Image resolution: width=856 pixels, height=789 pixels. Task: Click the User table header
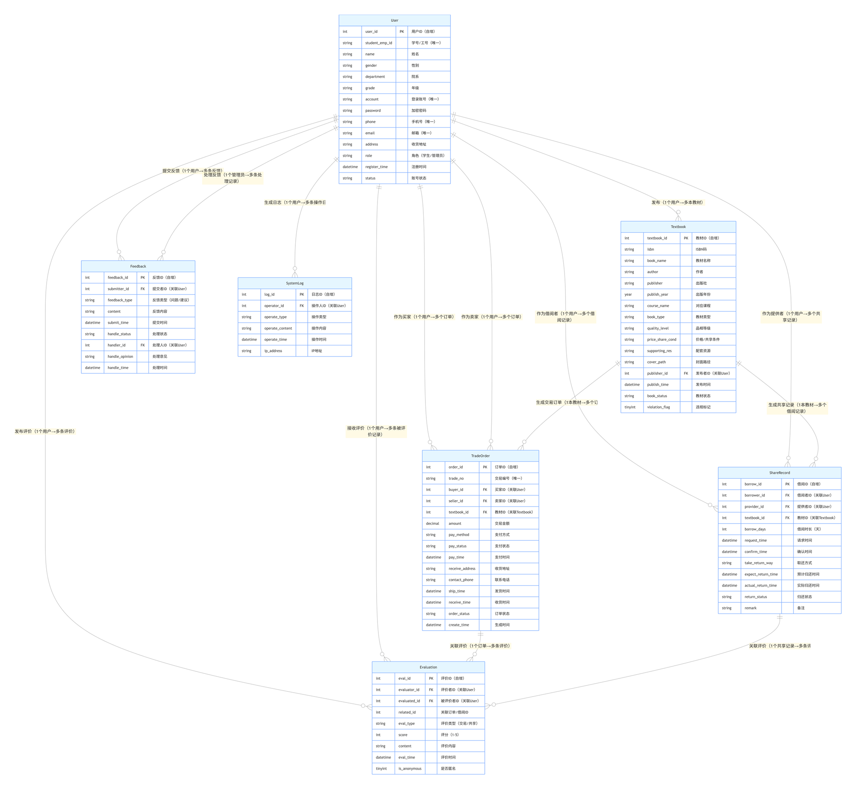394,21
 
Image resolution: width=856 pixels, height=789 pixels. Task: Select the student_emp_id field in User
378,43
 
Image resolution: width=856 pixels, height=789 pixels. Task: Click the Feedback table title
138,266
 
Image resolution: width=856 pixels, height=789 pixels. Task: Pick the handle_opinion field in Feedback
120,356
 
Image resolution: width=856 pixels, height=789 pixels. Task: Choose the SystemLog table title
294,283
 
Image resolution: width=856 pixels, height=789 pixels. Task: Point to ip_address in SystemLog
273,351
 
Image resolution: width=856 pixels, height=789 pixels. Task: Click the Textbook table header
678,227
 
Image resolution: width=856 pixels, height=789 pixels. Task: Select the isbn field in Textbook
650,249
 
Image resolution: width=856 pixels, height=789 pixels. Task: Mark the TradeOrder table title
480,456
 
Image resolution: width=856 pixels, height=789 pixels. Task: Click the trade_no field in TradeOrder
456,478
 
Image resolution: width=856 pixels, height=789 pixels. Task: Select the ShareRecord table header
779,473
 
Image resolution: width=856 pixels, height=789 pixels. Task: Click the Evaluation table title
428,667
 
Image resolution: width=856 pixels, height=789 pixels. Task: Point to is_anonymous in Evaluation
410,768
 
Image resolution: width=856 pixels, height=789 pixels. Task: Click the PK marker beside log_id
302,295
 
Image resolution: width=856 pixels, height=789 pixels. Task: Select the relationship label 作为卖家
491,317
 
